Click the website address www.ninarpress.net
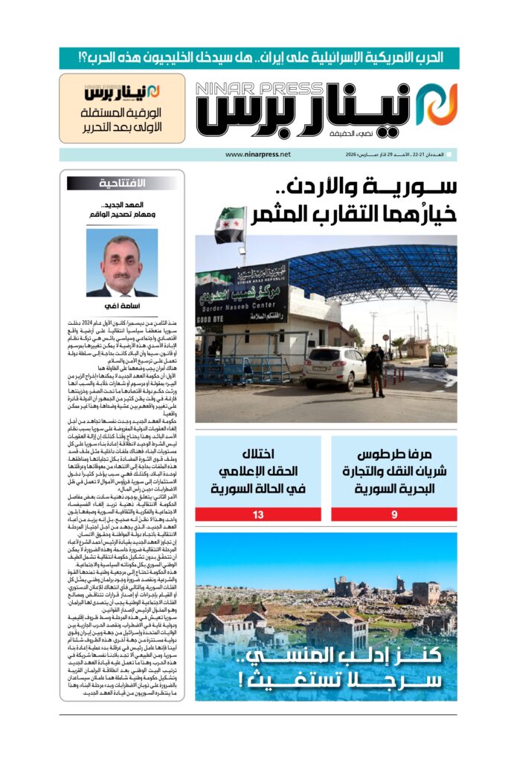tap(257, 155)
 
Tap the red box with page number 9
tap(394, 514)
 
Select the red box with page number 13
tap(259, 514)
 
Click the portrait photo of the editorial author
tap(122, 262)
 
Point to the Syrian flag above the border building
tap(230, 225)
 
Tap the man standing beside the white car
tap(376, 370)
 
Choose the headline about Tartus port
tap(394, 471)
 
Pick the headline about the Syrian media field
tap(259, 471)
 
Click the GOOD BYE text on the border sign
tap(213, 320)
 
